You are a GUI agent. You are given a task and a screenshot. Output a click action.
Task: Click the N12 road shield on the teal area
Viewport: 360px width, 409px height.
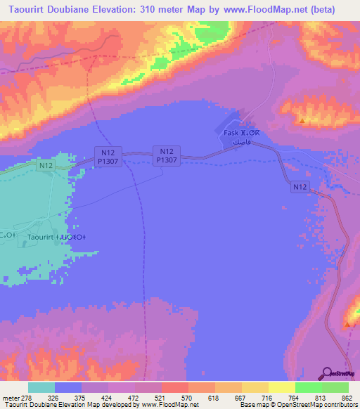click(46, 165)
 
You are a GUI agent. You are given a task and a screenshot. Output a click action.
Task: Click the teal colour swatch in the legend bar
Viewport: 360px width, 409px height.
click(41, 387)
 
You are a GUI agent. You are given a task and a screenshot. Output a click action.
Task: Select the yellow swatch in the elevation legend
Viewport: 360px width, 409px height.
click(281, 387)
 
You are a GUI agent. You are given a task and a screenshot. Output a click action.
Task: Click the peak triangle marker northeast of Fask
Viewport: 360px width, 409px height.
click(302, 120)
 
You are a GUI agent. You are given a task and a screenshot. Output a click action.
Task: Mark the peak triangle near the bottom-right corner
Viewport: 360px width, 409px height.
click(347, 325)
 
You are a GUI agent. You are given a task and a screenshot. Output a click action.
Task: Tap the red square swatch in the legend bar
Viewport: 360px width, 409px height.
click(174, 387)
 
